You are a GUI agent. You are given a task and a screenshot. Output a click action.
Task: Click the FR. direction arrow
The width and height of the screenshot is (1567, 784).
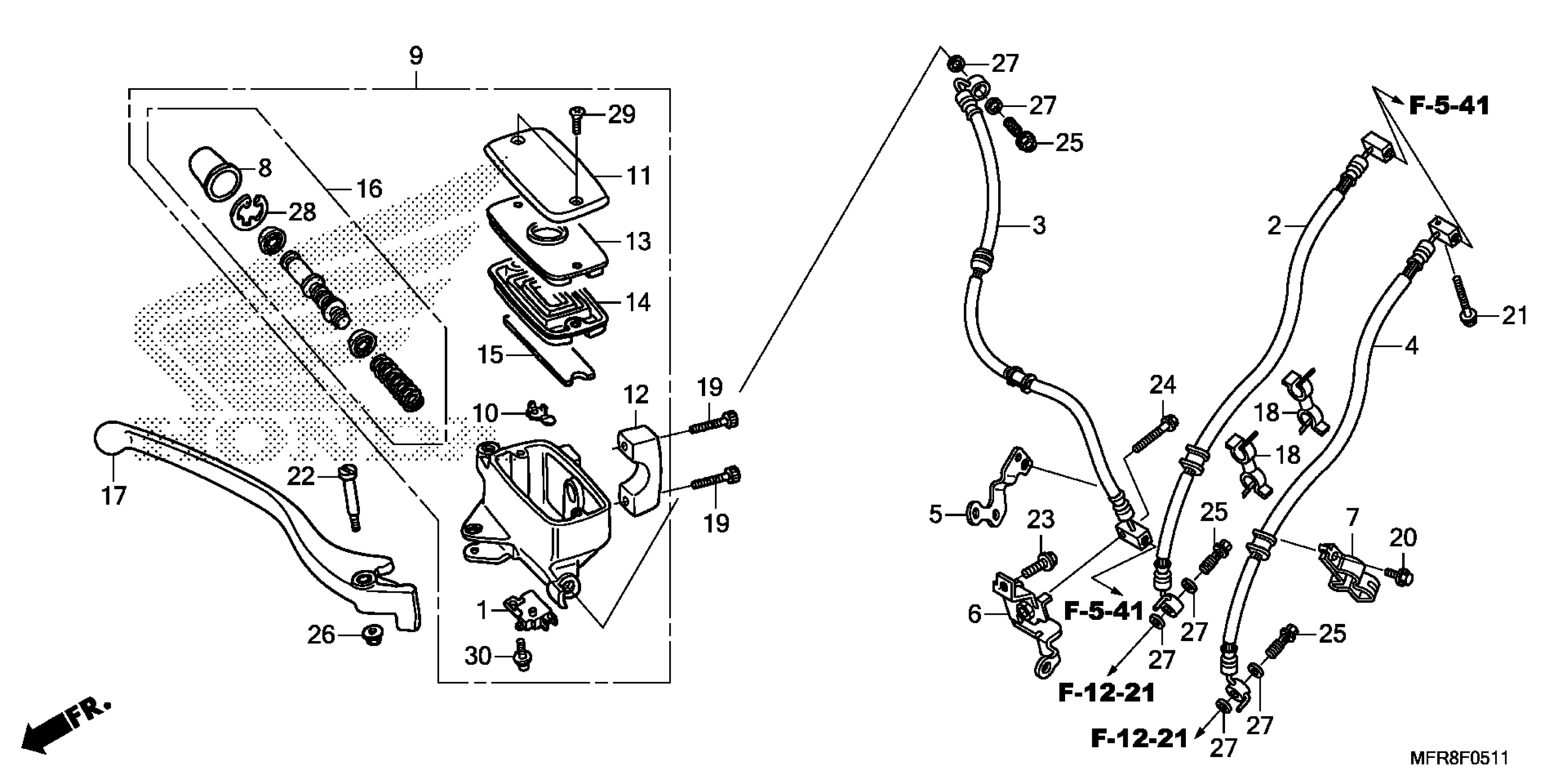(x=64, y=727)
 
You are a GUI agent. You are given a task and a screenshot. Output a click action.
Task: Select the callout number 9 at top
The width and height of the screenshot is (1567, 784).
(x=415, y=56)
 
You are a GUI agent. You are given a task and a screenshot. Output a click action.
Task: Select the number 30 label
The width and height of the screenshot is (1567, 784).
(x=477, y=656)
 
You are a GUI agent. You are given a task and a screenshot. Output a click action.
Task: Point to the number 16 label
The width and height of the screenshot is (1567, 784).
(x=369, y=189)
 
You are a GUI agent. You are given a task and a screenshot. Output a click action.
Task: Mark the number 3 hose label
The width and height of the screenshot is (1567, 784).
(x=1038, y=225)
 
